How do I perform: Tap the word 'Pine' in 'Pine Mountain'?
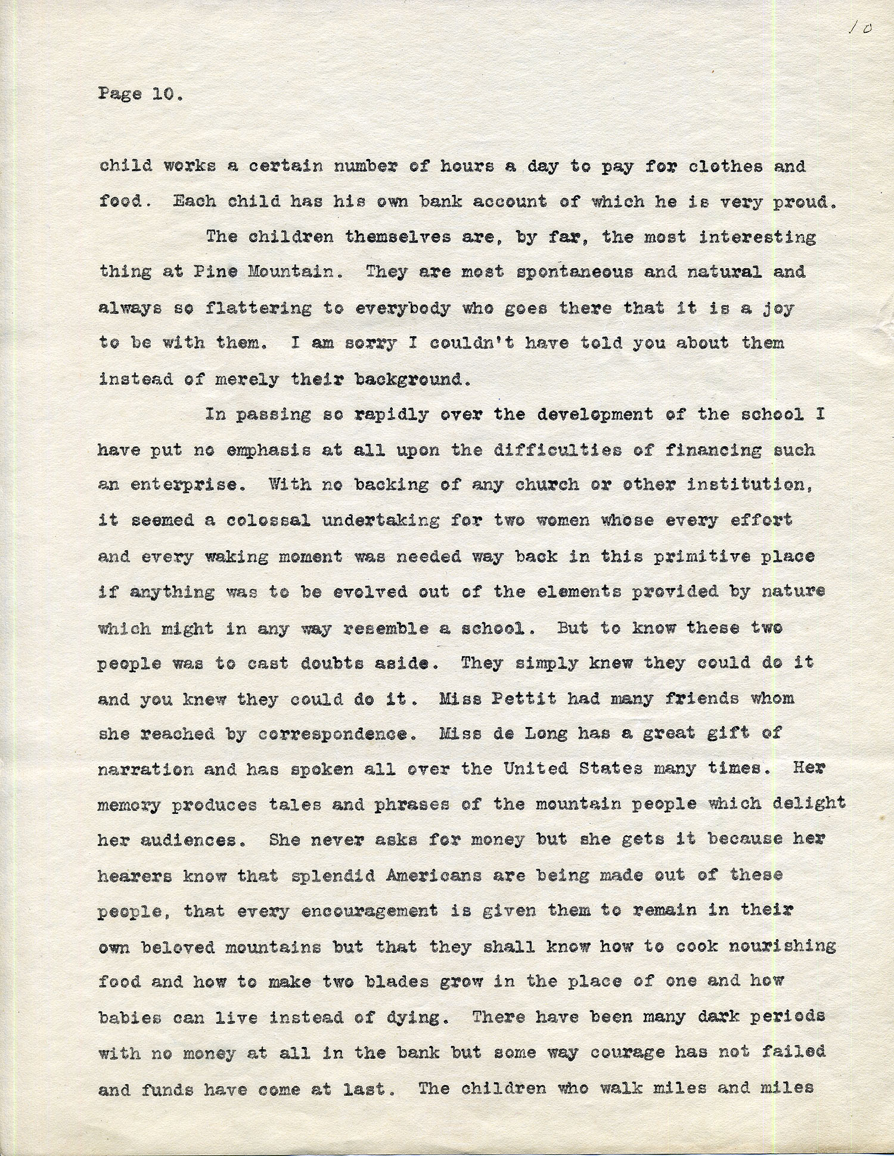tap(215, 272)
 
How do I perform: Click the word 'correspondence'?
tap(337, 734)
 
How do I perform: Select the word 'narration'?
tap(146, 769)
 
